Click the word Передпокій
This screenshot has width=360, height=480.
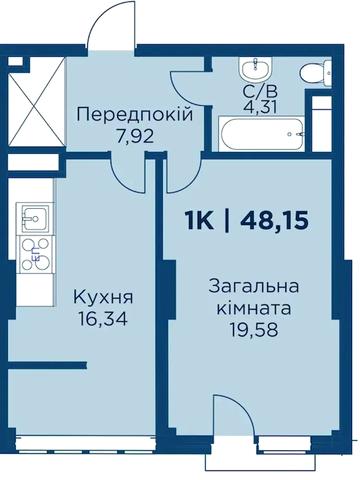pos(134,113)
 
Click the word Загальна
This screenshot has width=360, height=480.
pos(254,287)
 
